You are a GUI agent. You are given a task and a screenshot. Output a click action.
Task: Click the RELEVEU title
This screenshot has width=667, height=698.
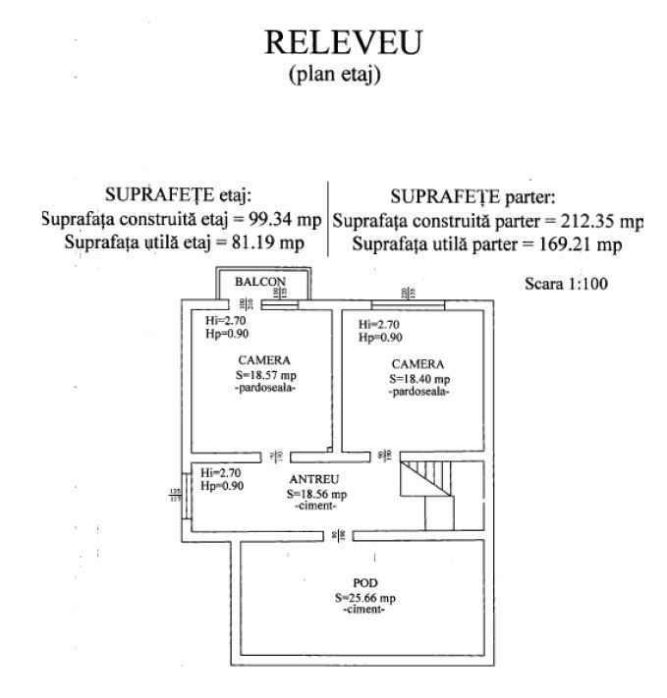coord(344,43)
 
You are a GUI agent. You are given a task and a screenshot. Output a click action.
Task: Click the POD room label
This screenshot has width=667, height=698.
coord(364,582)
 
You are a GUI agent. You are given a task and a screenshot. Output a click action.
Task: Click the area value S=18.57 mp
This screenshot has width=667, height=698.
coord(265,375)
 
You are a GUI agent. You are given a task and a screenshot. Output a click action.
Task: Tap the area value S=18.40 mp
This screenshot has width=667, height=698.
coord(419,379)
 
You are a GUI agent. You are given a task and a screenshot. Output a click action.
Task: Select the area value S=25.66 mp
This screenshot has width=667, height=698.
coord(364,597)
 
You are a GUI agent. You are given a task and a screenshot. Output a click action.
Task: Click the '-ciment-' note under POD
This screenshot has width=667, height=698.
coord(364,611)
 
